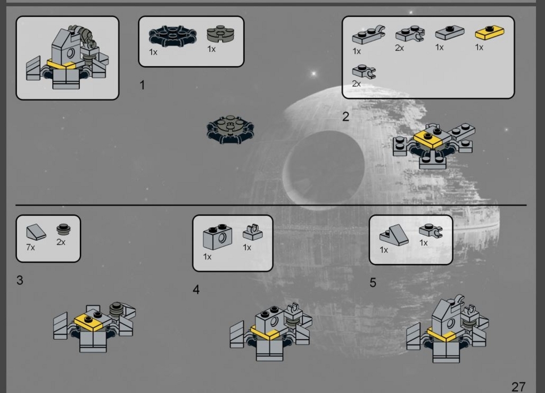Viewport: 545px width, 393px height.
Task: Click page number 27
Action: (x=518, y=387)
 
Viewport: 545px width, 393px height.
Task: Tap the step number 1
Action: (x=142, y=85)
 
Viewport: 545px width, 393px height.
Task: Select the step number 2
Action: (x=345, y=117)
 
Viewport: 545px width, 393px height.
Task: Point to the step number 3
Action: (x=20, y=280)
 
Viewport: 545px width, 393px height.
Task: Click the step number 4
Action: (x=196, y=289)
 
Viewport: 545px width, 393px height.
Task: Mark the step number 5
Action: (x=373, y=282)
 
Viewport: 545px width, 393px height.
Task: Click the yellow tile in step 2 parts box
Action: (x=490, y=32)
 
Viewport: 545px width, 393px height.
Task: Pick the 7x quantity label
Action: (x=30, y=247)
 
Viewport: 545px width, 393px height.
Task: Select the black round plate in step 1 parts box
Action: (x=172, y=36)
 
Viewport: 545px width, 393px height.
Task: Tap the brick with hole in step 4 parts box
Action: (x=217, y=237)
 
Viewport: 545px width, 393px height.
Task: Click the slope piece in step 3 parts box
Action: (x=36, y=232)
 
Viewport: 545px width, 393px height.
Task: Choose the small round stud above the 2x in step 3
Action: (x=63, y=229)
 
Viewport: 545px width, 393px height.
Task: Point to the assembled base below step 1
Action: (x=230, y=129)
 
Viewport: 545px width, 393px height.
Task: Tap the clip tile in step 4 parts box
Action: (x=253, y=232)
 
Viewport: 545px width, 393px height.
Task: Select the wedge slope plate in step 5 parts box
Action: (x=394, y=235)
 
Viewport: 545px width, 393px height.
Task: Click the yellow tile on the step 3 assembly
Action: (x=89, y=321)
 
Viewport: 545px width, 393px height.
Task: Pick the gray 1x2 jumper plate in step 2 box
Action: (x=450, y=32)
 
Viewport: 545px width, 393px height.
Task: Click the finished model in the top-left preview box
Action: (x=67, y=58)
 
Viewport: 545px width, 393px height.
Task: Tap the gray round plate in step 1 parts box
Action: (x=220, y=34)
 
